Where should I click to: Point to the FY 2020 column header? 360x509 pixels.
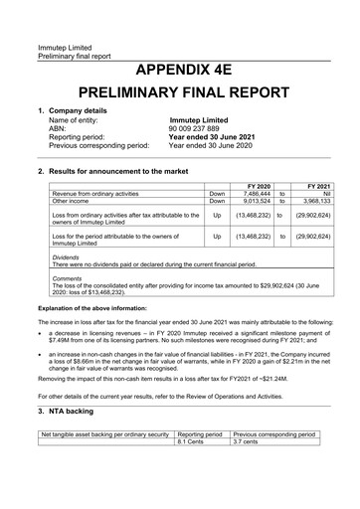click(x=258, y=186)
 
